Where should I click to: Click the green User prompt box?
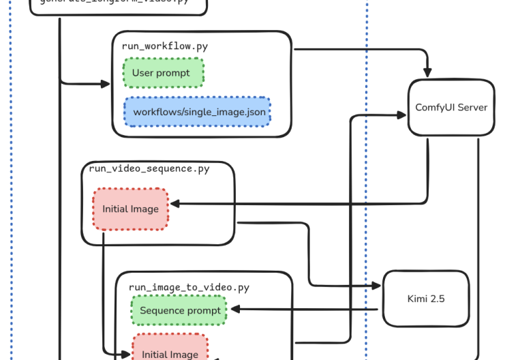(163, 72)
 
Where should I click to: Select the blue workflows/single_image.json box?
(197, 111)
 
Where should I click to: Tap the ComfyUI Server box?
(451, 108)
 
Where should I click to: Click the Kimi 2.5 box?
(426, 299)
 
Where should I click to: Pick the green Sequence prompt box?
(180, 310)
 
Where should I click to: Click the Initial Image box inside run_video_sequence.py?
(130, 209)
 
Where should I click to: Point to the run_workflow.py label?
(165, 46)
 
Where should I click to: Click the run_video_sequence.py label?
(149, 169)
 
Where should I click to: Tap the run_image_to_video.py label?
(189, 288)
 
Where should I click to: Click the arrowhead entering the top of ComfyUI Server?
(428, 72)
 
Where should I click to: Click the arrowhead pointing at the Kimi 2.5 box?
(377, 286)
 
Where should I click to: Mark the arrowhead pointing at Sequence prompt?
(234, 310)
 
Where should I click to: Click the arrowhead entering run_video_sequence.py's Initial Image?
(174, 204)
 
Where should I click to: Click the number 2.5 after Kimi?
(437, 299)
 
